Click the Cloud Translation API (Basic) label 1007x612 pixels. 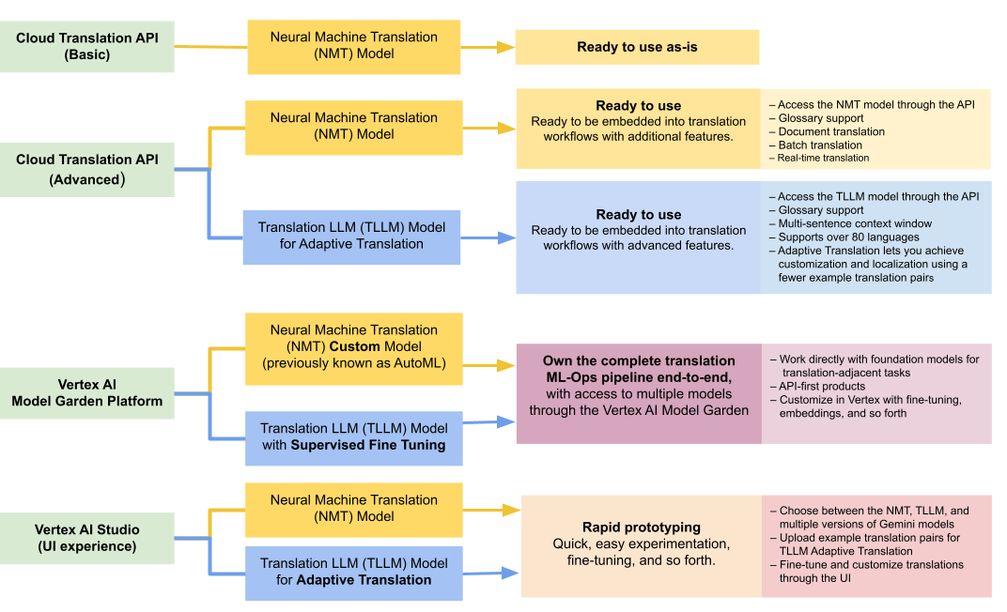[x=87, y=46]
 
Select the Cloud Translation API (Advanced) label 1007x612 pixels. [x=87, y=169]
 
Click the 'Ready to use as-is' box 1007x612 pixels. [x=637, y=47]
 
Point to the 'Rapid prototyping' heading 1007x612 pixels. [x=641, y=527]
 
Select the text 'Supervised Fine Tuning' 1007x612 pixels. [x=368, y=445]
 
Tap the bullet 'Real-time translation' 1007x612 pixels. [x=824, y=158]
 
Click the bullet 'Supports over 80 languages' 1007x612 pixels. [x=835, y=237]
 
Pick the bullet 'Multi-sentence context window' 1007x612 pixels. [x=855, y=223]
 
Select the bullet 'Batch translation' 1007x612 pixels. [x=820, y=145]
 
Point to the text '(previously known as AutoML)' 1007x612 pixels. [x=354, y=363]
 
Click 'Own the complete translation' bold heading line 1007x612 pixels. [x=639, y=360]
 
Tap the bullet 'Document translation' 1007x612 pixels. [x=831, y=131]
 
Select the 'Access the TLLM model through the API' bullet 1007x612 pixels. [x=878, y=196]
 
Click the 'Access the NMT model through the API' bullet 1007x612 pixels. [x=876, y=104]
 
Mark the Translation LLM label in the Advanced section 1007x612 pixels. [x=352, y=236]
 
